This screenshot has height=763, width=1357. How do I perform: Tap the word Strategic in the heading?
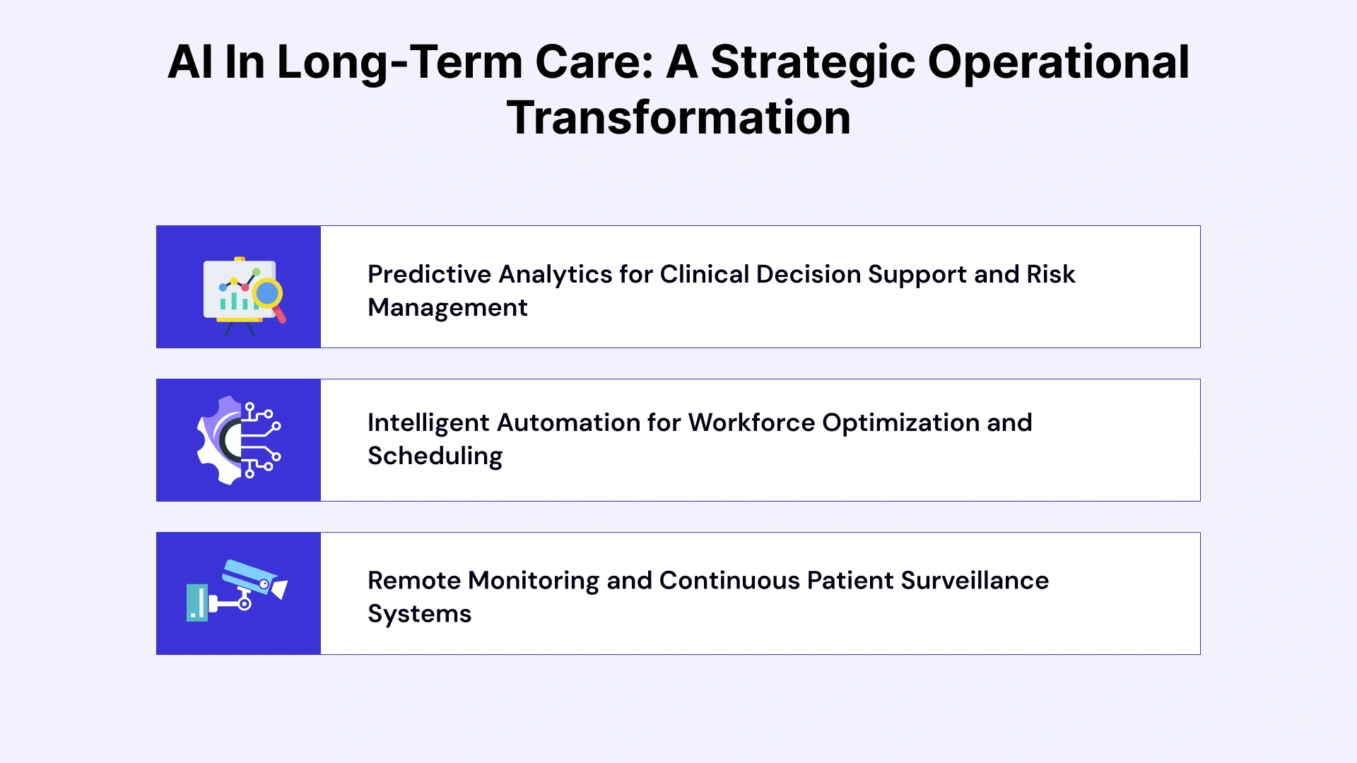[812, 62]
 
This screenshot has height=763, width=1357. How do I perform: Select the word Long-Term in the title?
[399, 62]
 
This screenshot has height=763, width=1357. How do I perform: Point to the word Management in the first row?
[447, 307]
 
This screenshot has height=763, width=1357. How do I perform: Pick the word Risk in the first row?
[1050, 274]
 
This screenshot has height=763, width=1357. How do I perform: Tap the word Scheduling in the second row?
[435, 456]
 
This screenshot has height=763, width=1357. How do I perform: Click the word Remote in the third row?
[413, 580]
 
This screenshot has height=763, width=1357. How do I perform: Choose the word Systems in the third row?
[419, 613]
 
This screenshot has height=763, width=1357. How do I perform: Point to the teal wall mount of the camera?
[197, 603]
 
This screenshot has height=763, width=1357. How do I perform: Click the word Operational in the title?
[1058, 62]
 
